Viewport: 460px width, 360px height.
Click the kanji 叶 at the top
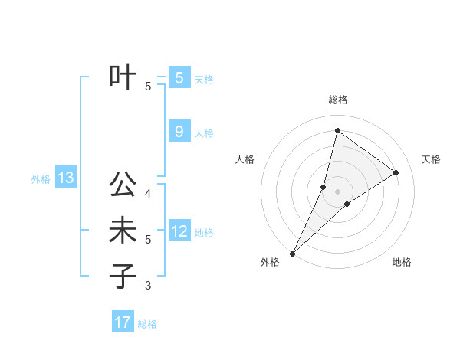pos(123,77)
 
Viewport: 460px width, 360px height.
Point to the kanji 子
pos(123,277)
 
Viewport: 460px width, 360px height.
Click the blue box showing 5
pos(179,77)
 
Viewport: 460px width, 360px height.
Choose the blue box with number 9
pos(179,132)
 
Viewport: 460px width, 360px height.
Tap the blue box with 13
pos(66,178)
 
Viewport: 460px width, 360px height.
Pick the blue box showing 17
pos(123,322)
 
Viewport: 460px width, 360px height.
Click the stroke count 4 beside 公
pos(148,194)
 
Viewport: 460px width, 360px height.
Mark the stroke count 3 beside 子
pos(148,286)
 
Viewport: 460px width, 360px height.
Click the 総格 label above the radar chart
pos(337,100)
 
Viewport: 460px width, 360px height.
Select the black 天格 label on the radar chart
pos(431,159)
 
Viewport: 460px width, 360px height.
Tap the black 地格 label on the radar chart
pos(402,262)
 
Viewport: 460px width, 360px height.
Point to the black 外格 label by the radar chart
pos(270,262)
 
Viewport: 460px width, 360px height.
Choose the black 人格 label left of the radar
pos(245,159)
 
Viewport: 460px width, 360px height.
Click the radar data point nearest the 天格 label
pos(396,172)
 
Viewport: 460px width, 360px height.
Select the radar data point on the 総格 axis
pos(337,130)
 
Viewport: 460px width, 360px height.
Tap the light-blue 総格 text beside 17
pos(147,324)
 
